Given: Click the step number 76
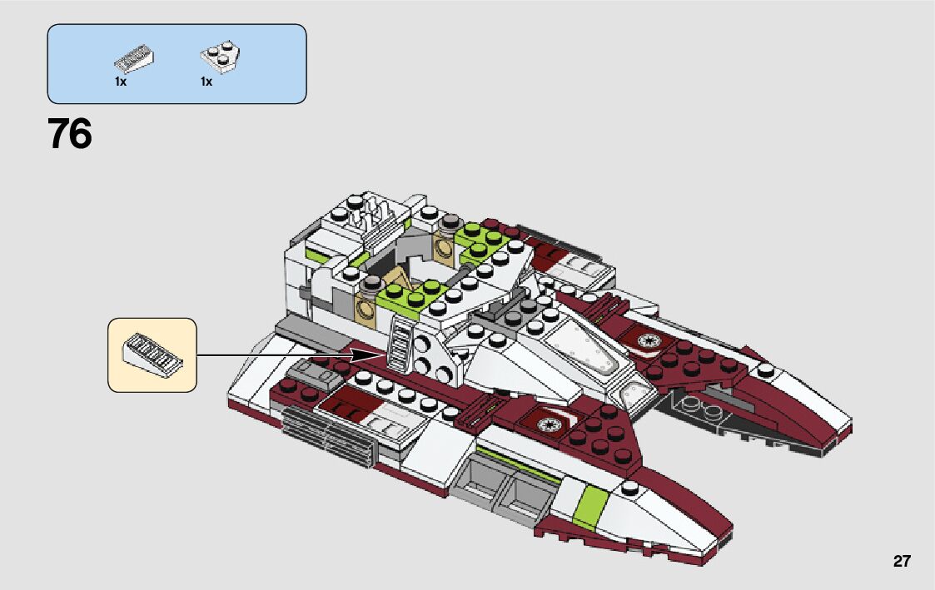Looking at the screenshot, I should click(70, 134).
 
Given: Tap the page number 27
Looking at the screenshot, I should click(902, 561).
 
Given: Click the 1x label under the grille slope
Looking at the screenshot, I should click(121, 82).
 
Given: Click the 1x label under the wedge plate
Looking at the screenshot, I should click(206, 82).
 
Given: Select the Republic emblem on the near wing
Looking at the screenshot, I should click(550, 424).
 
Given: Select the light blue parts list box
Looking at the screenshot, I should click(177, 63).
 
